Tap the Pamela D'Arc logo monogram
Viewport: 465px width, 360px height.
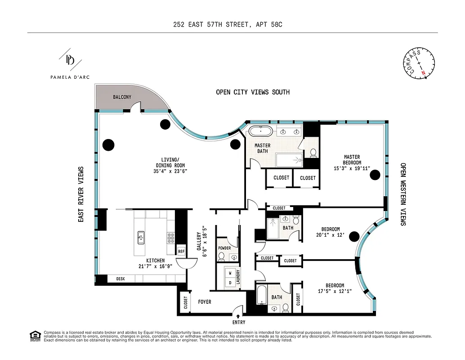(x=70, y=59)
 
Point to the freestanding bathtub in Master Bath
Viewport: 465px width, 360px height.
(x=260, y=132)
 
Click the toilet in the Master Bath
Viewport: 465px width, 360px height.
(x=313, y=153)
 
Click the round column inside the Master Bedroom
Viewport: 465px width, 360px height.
(x=375, y=176)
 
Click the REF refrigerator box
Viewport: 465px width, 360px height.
(x=181, y=252)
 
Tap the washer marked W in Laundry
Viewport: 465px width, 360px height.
(x=229, y=273)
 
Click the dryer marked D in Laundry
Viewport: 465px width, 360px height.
(x=229, y=283)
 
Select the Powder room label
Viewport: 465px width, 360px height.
(x=224, y=248)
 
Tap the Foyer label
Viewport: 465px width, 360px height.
(x=205, y=302)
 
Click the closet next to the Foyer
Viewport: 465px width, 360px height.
(x=184, y=302)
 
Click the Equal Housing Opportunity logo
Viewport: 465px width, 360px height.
(x=34, y=335)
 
